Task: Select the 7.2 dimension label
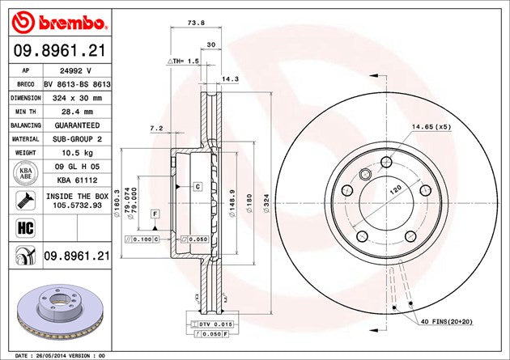click(x=157, y=129)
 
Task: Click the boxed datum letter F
click(x=153, y=213)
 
